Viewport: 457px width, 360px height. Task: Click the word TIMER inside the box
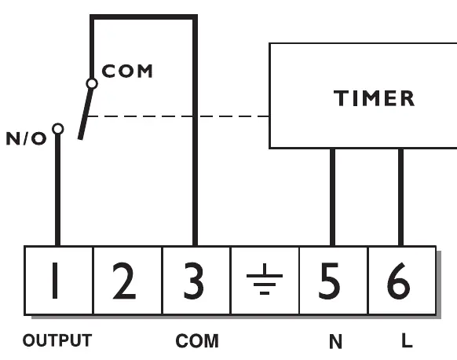click(374, 98)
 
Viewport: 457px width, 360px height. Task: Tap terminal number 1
click(58, 281)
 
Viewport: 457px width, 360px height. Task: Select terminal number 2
click(127, 281)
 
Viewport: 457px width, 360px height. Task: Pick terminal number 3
click(196, 281)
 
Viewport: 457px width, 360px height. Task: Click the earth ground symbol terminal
click(265, 281)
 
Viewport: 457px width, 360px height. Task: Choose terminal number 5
click(334, 281)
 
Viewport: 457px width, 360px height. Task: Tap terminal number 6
click(402, 281)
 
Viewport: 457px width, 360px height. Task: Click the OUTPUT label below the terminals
click(57, 340)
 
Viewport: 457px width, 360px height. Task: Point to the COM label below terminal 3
click(197, 341)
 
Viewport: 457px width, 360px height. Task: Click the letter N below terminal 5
click(335, 341)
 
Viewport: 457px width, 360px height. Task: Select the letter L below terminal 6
click(407, 340)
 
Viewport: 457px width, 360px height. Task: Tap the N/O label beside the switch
click(26, 138)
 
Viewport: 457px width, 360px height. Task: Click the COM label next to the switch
click(127, 71)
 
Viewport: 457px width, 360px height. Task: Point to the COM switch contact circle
click(92, 84)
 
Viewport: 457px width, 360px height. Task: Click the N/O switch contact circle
click(58, 129)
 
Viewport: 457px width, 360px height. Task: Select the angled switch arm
click(86, 113)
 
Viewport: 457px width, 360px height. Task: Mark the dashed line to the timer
click(178, 116)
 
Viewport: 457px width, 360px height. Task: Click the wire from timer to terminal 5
click(333, 197)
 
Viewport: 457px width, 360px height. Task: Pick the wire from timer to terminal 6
click(400, 197)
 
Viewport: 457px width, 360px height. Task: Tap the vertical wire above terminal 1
click(57, 190)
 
